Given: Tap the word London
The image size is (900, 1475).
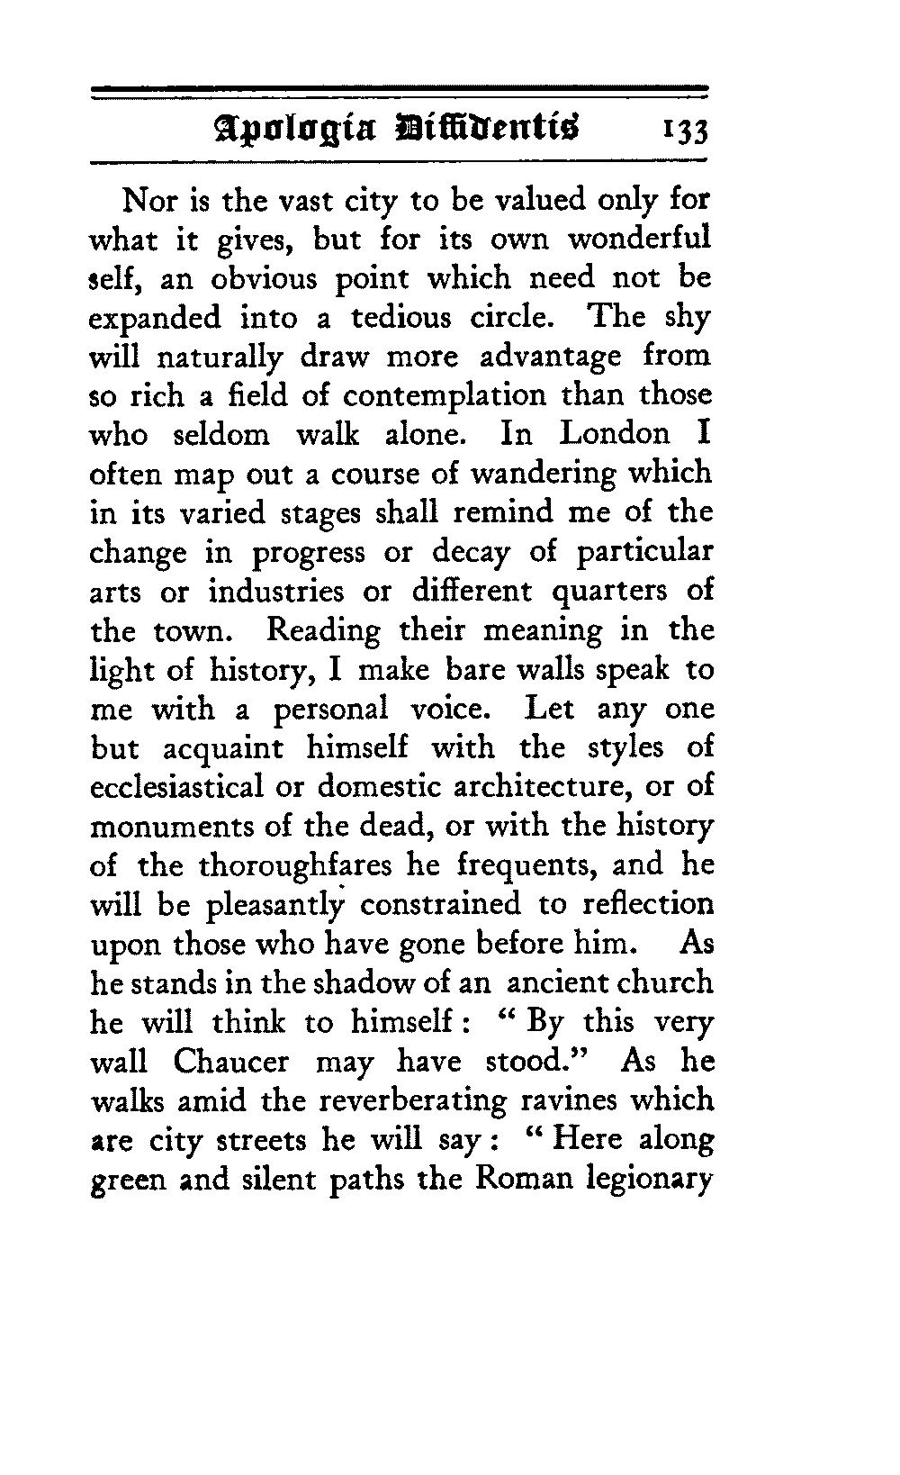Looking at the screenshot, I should pyautogui.click(x=615, y=435).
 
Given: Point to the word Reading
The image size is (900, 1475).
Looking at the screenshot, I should pyautogui.click(x=324, y=631).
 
